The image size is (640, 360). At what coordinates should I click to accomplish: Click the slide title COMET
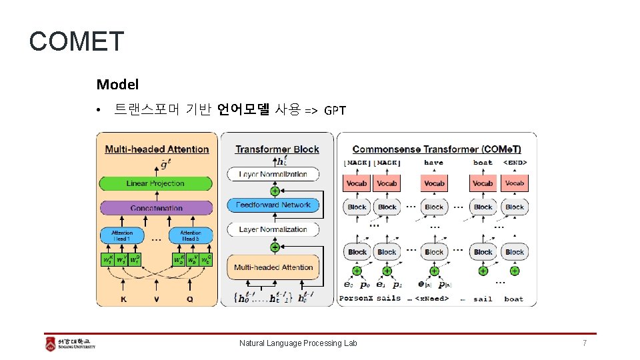pos(77,41)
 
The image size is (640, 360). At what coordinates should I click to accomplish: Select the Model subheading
pos(117,85)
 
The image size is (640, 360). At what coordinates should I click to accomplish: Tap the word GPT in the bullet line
pos(335,110)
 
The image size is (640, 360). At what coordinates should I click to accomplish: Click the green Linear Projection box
pos(156,183)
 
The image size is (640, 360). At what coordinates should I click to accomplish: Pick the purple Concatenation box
pos(156,208)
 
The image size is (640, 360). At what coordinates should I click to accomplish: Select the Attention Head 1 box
pos(122,235)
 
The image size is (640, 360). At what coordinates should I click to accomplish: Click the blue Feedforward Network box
pos(273,205)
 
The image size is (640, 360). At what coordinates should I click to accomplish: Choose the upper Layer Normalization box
pos(273,174)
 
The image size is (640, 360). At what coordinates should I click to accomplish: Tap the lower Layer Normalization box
pos(273,229)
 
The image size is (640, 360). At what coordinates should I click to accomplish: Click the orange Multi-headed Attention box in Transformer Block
pos(273,267)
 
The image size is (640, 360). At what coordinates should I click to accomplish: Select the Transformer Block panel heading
pos(277,149)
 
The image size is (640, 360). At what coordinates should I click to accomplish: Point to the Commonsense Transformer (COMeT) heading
pos(437,149)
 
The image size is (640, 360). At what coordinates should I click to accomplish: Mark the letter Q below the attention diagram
pos(190,299)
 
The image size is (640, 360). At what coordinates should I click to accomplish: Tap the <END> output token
pos(515,162)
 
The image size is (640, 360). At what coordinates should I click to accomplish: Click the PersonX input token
pos(355,299)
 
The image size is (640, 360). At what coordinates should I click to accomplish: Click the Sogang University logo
pos(70,343)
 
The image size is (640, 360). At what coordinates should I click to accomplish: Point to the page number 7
pos(585,343)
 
